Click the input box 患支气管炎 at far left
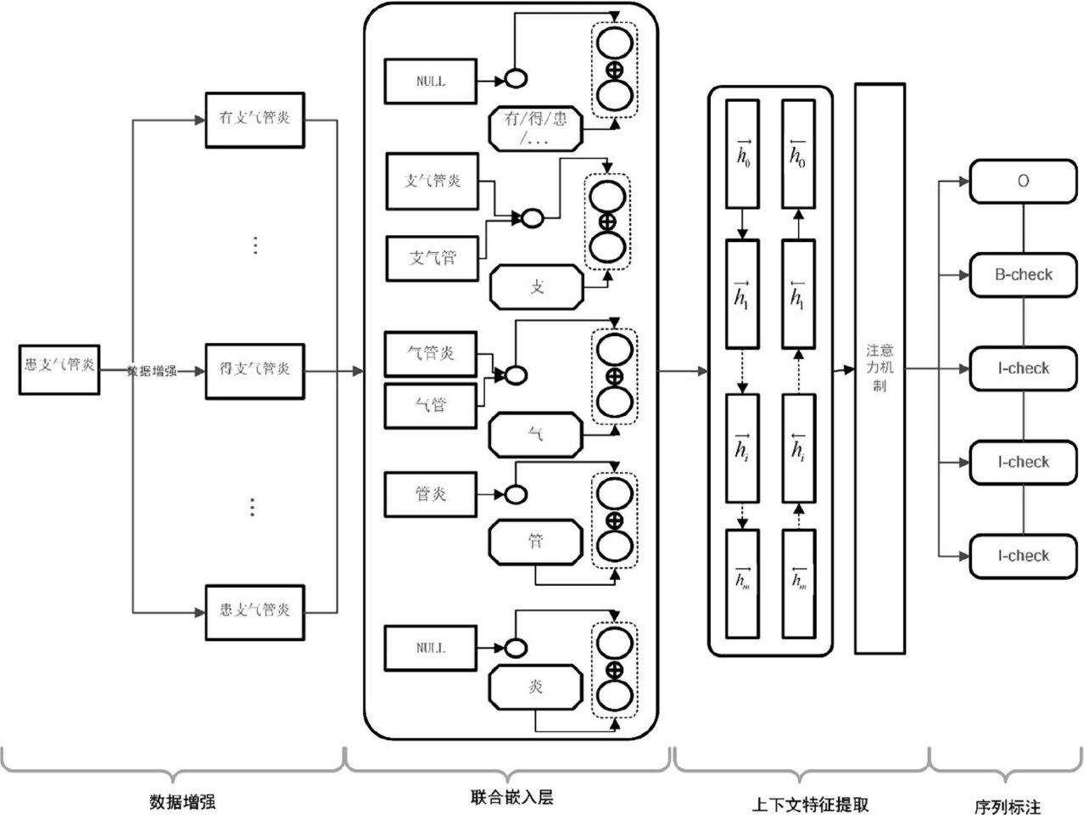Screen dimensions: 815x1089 coord(59,369)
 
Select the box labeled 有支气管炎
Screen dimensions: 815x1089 coord(255,119)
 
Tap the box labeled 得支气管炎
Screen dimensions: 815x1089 coord(255,370)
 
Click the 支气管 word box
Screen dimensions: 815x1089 coord(433,257)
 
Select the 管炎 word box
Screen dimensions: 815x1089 coord(431,494)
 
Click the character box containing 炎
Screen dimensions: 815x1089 coord(536,688)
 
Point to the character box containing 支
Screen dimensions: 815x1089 coord(537,287)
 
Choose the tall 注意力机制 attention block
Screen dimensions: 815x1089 coord(879,368)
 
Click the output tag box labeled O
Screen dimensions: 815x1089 coord(1024,181)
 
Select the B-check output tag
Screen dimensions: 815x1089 coord(1024,275)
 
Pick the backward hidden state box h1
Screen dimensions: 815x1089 coord(798,293)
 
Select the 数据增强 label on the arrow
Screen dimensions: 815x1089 coord(152,371)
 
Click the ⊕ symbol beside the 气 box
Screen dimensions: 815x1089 coord(615,376)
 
